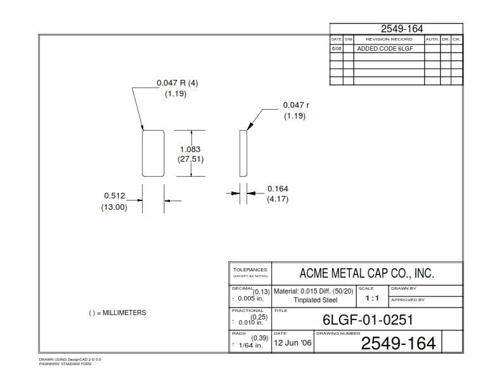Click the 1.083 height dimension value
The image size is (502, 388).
pos(190,149)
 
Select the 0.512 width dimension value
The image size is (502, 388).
pos(115,196)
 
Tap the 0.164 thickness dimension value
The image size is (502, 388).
pos(278,188)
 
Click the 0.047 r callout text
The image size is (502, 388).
pos(296,105)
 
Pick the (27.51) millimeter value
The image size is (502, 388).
pos(190,159)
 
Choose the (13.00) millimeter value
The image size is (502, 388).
pos(115,207)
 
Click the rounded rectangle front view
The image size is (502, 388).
pos(153,153)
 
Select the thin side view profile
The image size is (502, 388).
pos(242,153)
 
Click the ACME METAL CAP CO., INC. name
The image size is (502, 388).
pos(366,273)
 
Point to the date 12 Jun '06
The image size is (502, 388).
pos(292,343)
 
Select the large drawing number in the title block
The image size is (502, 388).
pos(398,344)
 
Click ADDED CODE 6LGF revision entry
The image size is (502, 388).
pos(382,48)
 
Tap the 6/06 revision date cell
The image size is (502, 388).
pos(336,48)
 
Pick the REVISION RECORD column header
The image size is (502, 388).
pos(389,39)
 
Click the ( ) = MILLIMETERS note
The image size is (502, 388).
pos(117,313)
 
